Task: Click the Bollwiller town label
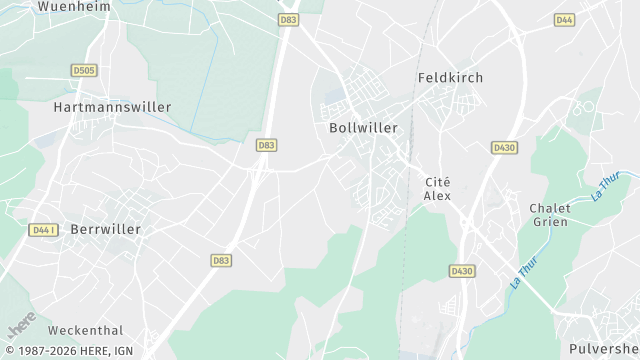(x=363, y=128)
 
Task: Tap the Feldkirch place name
(x=450, y=77)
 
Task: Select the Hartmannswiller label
(x=112, y=106)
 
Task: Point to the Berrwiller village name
(x=106, y=229)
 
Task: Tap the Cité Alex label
(x=438, y=188)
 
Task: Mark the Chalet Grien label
(x=549, y=215)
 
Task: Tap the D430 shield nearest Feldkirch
(x=504, y=147)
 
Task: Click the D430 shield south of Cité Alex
(x=462, y=271)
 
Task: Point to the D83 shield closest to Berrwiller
(x=222, y=260)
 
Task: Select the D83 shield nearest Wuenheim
(x=289, y=19)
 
